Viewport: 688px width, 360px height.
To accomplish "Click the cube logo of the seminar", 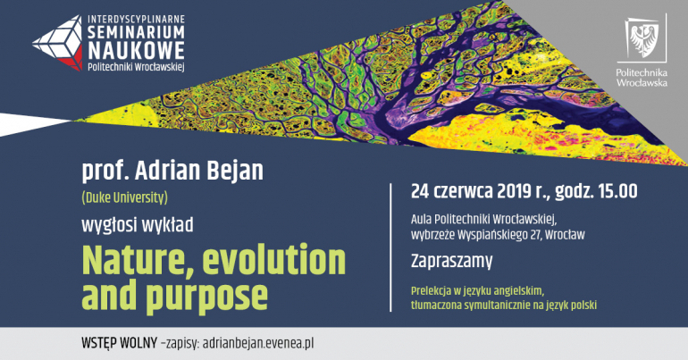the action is [57, 43].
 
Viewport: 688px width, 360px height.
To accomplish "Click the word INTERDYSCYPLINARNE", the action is [136, 20].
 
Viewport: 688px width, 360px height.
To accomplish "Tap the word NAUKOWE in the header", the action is [136, 50].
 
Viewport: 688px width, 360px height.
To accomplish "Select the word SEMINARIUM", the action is [136, 32].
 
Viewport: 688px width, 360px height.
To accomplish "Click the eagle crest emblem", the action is [644, 39].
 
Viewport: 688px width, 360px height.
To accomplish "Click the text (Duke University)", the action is [124, 198].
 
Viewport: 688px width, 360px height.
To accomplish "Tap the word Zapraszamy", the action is [451, 261].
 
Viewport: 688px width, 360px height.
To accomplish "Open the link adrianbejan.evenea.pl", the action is [258, 343].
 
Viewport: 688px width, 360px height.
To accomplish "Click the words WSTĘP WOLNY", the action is [119, 343].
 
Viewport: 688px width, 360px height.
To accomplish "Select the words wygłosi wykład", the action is [138, 225].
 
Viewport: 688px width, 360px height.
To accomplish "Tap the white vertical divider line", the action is [390, 247].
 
